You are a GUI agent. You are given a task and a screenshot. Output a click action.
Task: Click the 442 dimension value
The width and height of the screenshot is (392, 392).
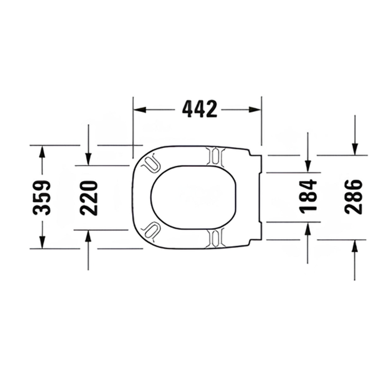[x=199, y=109]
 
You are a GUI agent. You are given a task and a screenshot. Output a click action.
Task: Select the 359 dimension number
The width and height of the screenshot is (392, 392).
[x=41, y=198]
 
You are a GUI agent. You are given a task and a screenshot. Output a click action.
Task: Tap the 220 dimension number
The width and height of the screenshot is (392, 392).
[x=89, y=198]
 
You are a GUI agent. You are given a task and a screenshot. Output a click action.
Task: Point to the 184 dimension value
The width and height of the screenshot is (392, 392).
[x=308, y=196]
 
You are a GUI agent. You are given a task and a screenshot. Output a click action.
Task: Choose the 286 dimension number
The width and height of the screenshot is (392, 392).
[x=353, y=197]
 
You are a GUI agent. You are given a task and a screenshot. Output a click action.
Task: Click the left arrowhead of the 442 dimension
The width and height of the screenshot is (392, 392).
[x=140, y=110]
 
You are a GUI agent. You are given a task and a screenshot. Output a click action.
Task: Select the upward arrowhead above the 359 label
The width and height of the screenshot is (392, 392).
[x=42, y=151]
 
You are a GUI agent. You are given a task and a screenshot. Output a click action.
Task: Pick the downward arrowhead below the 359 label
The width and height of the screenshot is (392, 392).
[x=42, y=242]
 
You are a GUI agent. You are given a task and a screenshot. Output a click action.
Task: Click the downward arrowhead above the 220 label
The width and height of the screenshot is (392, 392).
[x=88, y=159]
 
